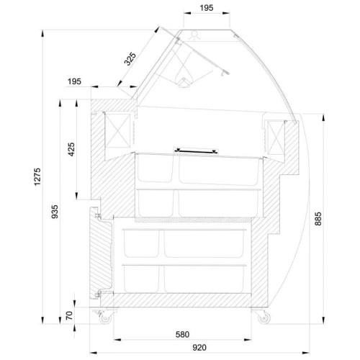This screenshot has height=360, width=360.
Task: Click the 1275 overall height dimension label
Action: [x=37, y=176]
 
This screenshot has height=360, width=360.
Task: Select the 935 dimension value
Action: [x=55, y=212]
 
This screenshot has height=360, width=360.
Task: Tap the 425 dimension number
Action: [x=71, y=149]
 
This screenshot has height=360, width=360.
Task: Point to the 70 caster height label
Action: [x=69, y=315]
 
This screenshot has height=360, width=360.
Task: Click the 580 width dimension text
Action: [x=182, y=334]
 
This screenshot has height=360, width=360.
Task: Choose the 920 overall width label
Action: [x=199, y=347]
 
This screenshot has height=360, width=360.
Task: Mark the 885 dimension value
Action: [x=318, y=219]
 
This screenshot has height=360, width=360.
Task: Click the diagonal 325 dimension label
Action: [x=130, y=59]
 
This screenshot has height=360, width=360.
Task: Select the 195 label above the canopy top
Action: [x=207, y=8]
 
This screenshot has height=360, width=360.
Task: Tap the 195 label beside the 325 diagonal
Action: [x=74, y=81]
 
